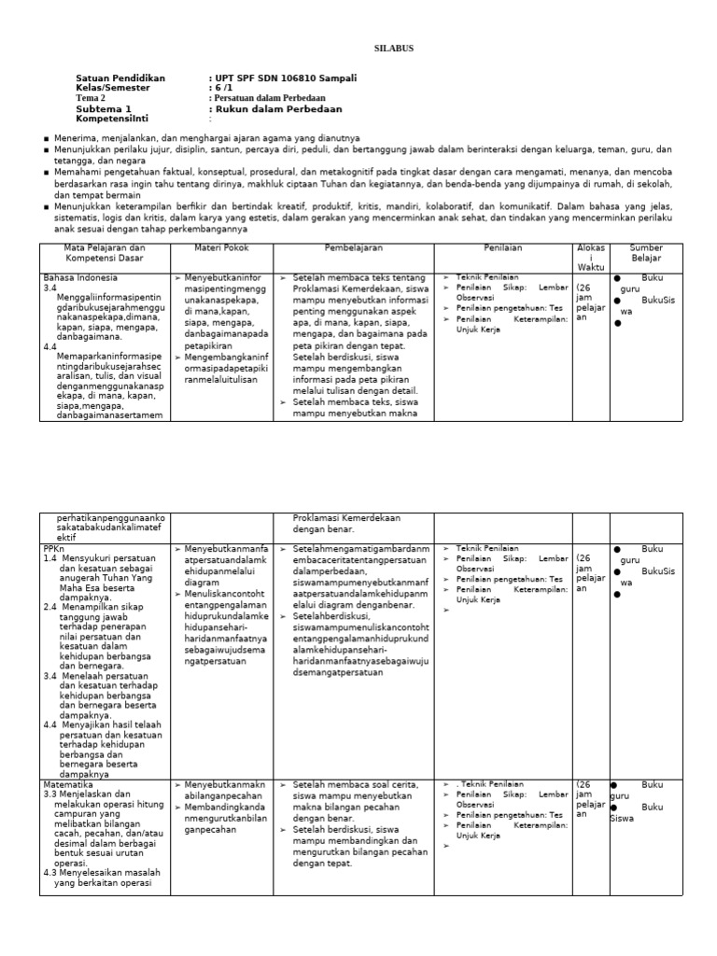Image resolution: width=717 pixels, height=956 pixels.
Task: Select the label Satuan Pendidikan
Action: [x=120, y=78]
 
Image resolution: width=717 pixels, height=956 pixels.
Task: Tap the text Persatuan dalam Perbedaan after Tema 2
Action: [x=267, y=98]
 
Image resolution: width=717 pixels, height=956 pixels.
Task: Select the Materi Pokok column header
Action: [x=220, y=247]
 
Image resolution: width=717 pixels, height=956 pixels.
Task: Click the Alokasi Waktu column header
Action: [x=591, y=257]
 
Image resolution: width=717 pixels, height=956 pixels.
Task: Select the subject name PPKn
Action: [x=54, y=549]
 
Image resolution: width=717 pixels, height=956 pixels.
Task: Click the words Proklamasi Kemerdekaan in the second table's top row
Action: [x=346, y=518]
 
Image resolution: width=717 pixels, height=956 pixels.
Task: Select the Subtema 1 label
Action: [x=104, y=108]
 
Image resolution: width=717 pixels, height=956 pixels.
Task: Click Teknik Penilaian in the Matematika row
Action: [x=491, y=784]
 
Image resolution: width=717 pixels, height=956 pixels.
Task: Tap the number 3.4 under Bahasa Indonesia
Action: [x=51, y=288]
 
